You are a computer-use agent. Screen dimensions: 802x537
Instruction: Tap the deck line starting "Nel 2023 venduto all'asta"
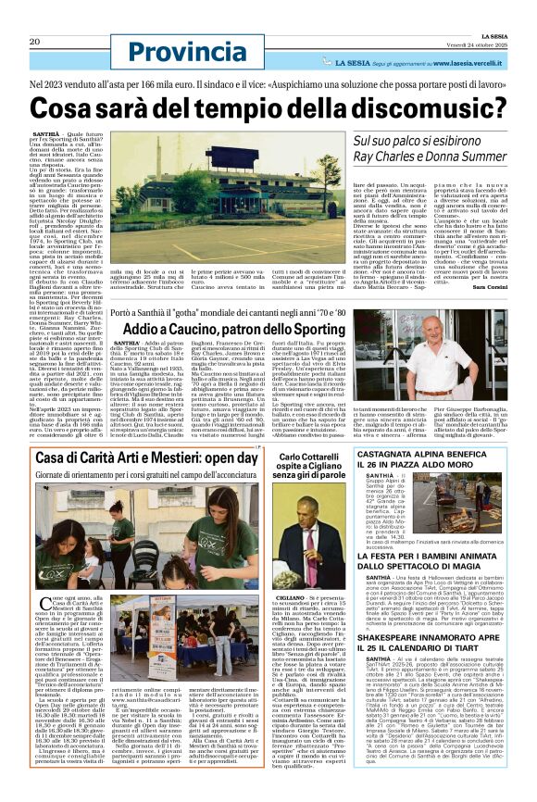tap(268, 82)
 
